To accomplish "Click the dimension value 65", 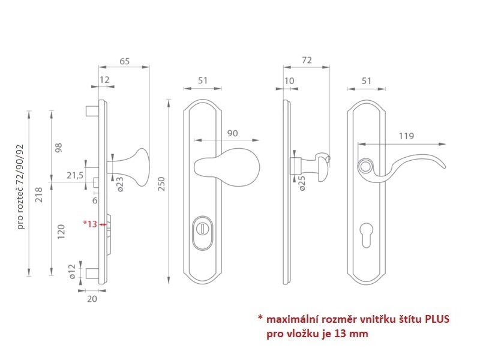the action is coord(125,61).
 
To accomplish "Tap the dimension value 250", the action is coord(161,184).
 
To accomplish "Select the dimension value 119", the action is coord(406,136).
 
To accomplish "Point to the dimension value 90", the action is coord(233,133).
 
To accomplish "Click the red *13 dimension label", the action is coord(90,224).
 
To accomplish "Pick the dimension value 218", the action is coord(39,195).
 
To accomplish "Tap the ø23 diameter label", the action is coord(121,184).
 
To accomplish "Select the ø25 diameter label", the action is coord(302,184).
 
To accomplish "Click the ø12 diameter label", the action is coord(72,272).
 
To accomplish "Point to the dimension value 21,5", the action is coord(75,175).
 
